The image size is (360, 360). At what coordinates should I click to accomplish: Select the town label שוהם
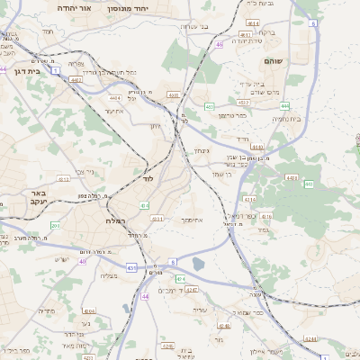click(x=274, y=60)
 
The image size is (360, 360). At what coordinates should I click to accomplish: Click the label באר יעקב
click(x=37, y=199)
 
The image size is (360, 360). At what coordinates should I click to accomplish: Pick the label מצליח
click(x=111, y=276)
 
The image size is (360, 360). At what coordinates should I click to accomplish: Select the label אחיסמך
click(x=196, y=220)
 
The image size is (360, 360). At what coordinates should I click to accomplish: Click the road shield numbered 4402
click(x=76, y=79)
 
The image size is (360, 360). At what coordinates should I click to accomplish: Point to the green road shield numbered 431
click(x=132, y=267)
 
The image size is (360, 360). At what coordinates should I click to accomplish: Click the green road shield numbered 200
click(x=55, y=225)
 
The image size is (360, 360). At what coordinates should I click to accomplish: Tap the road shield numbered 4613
click(x=64, y=179)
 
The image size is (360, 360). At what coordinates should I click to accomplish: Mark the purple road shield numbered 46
click(x=219, y=43)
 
